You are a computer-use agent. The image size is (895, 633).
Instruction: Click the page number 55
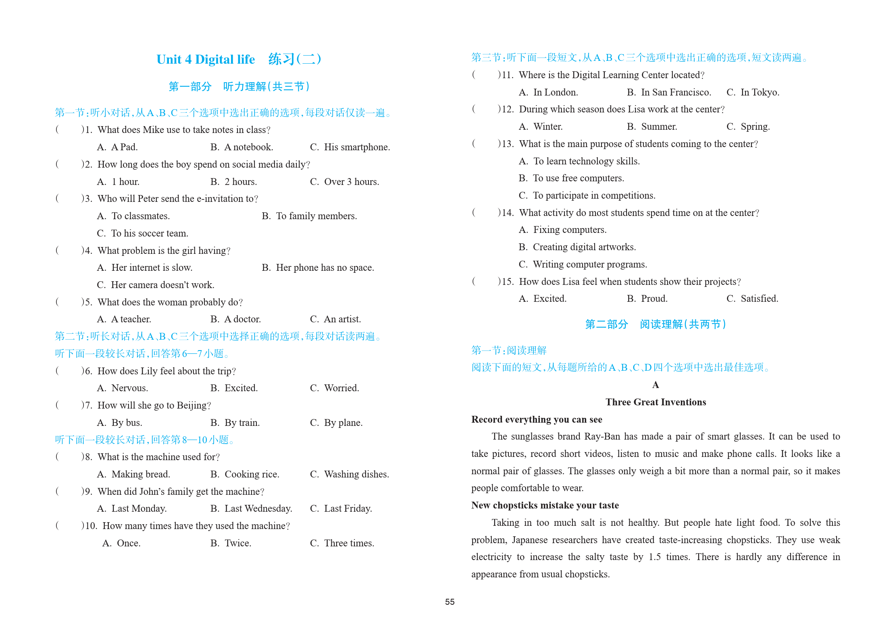click(x=450, y=602)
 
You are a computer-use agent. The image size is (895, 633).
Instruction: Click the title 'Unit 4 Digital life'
click(x=206, y=60)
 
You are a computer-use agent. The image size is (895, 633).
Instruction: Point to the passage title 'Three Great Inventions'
click(x=656, y=402)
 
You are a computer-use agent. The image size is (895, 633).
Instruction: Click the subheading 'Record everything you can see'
click(x=537, y=419)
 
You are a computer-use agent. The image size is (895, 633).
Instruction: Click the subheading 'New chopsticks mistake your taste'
click(x=545, y=505)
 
